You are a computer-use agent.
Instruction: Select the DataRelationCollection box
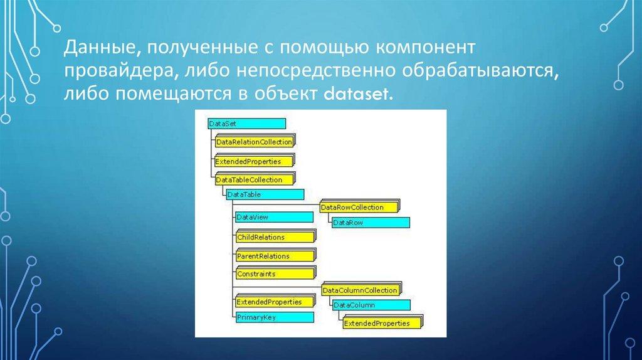click(254, 142)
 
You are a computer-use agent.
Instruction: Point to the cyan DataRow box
click(370, 223)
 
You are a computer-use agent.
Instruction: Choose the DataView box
click(273, 217)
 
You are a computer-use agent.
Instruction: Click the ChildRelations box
click(274, 237)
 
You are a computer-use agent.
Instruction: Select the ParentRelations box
click(274, 256)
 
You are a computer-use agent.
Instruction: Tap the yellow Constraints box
click(274, 274)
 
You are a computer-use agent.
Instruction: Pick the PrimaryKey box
click(273, 317)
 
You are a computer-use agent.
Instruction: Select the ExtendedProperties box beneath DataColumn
click(382, 323)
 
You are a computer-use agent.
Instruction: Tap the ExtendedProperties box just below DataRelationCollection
click(254, 161)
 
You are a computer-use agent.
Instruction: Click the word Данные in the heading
click(93, 48)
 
